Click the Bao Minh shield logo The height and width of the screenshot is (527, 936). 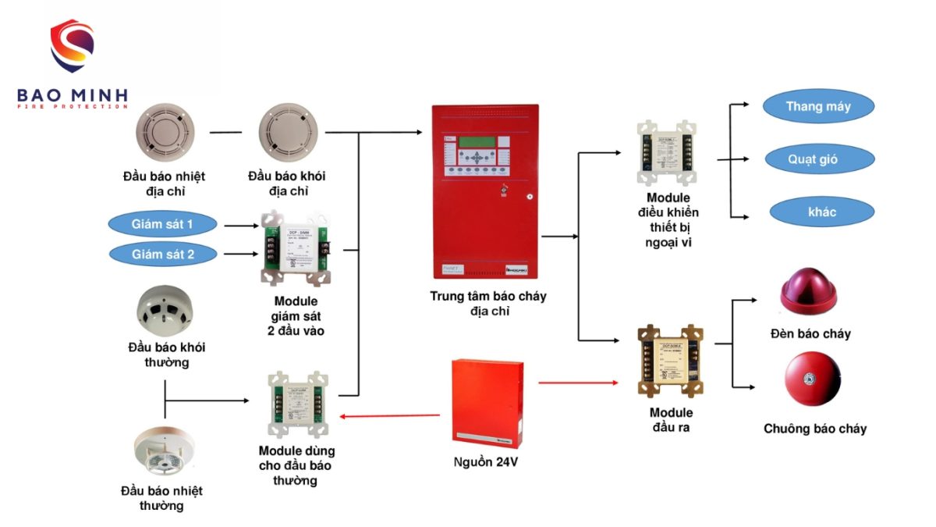pos(72,47)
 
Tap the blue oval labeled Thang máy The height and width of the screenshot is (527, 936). pos(817,107)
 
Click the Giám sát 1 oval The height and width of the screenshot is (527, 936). pos(162,225)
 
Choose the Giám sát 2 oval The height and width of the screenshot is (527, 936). pos(162,254)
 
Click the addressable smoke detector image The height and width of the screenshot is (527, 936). pos(289,132)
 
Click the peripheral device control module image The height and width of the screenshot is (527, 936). pos(668,153)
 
